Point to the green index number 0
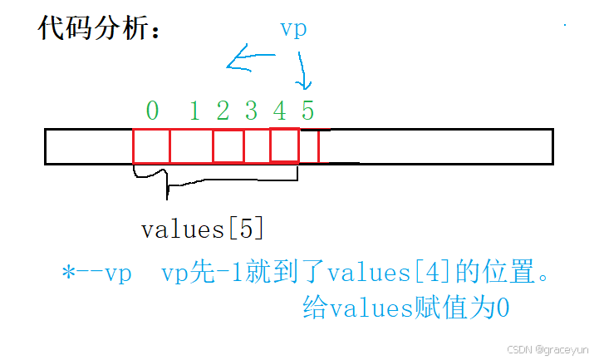tap(151, 110)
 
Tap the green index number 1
tap(195, 110)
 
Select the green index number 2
tap(223, 110)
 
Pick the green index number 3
tap(251, 110)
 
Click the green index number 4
tap(279, 110)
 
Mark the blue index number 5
tap(307, 110)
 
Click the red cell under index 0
tap(151, 146)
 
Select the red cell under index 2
tap(228, 146)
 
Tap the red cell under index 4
tap(284, 145)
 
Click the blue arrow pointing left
tap(249, 59)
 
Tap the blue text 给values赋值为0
tap(405, 309)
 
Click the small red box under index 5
tap(309, 146)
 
